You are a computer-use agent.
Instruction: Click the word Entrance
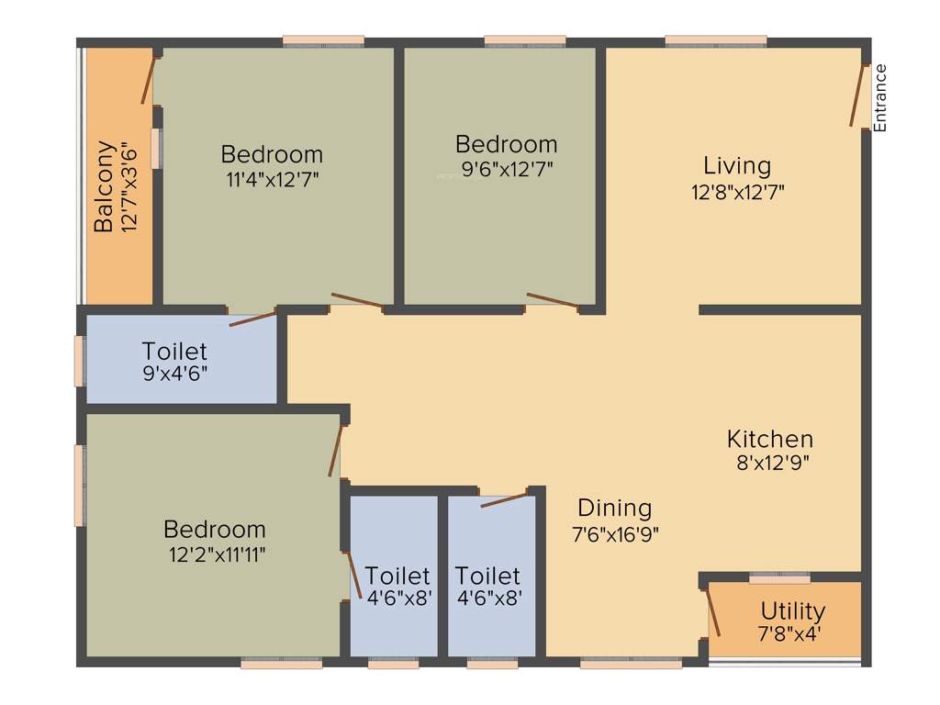click(x=880, y=97)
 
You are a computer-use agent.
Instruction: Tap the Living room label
click(x=737, y=166)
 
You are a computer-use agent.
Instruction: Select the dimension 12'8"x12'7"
click(x=737, y=192)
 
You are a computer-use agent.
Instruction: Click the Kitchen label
click(x=770, y=439)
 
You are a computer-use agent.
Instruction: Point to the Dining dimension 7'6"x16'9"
click(x=615, y=532)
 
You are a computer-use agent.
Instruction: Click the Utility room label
click(x=792, y=610)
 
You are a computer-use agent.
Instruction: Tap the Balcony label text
click(x=105, y=185)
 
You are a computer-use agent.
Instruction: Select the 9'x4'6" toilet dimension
click(x=174, y=374)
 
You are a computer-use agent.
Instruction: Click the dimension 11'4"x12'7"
click(x=272, y=178)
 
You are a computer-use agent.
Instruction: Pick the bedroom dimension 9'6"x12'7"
click(x=506, y=169)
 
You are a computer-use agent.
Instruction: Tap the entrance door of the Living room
click(x=859, y=95)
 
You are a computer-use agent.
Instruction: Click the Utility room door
click(x=712, y=612)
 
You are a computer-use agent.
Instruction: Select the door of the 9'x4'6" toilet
click(x=252, y=319)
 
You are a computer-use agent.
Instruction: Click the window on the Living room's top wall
click(x=716, y=41)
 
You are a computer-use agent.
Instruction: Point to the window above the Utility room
click(x=779, y=578)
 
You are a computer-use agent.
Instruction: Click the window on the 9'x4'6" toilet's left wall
click(x=80, y=361)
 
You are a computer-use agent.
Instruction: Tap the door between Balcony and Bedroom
click(x=148, y=80)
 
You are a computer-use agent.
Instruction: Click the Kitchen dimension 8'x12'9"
click(x=770, y=463)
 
